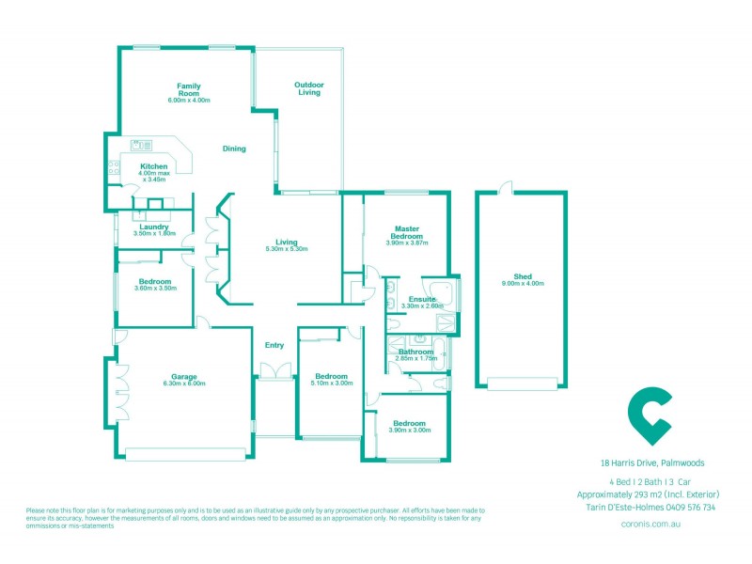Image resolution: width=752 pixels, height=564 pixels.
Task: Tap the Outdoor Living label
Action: tap(309, 88)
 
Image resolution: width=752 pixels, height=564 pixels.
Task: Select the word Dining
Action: tap(234, 149)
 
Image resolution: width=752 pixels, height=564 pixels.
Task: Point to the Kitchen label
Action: tap(153, 166)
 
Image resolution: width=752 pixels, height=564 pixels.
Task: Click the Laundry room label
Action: tap(153, 227)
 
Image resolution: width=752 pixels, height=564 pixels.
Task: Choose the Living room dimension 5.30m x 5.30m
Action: tap(287, 249)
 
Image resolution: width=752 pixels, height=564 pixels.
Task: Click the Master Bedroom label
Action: tap(406, 232)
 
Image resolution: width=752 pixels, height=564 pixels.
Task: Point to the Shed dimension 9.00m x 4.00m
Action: tap(522, 283)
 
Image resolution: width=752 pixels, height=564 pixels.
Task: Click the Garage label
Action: tap(183, 377)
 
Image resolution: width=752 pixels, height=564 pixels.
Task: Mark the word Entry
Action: tap(274, 345)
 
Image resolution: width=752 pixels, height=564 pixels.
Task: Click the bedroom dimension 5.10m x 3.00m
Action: tap(332, 383)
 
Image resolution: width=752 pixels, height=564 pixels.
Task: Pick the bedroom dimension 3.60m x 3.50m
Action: tap(155, 289)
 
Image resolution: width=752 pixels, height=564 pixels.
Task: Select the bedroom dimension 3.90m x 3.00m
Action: tap(409, 430)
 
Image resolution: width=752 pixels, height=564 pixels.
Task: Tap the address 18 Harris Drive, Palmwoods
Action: tap(651, 462)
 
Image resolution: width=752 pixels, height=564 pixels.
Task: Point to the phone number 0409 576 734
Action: tap(690, 508)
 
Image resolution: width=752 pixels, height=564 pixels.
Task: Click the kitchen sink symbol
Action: tap(141, 145)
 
